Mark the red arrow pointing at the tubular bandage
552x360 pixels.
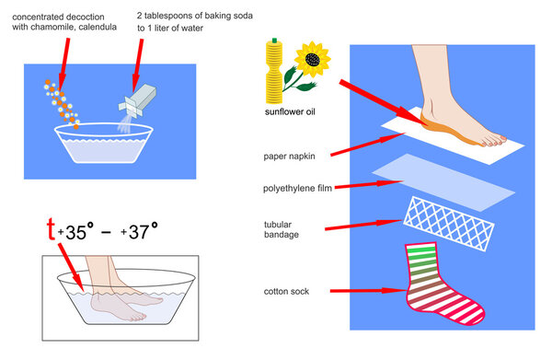pos(364,223)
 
